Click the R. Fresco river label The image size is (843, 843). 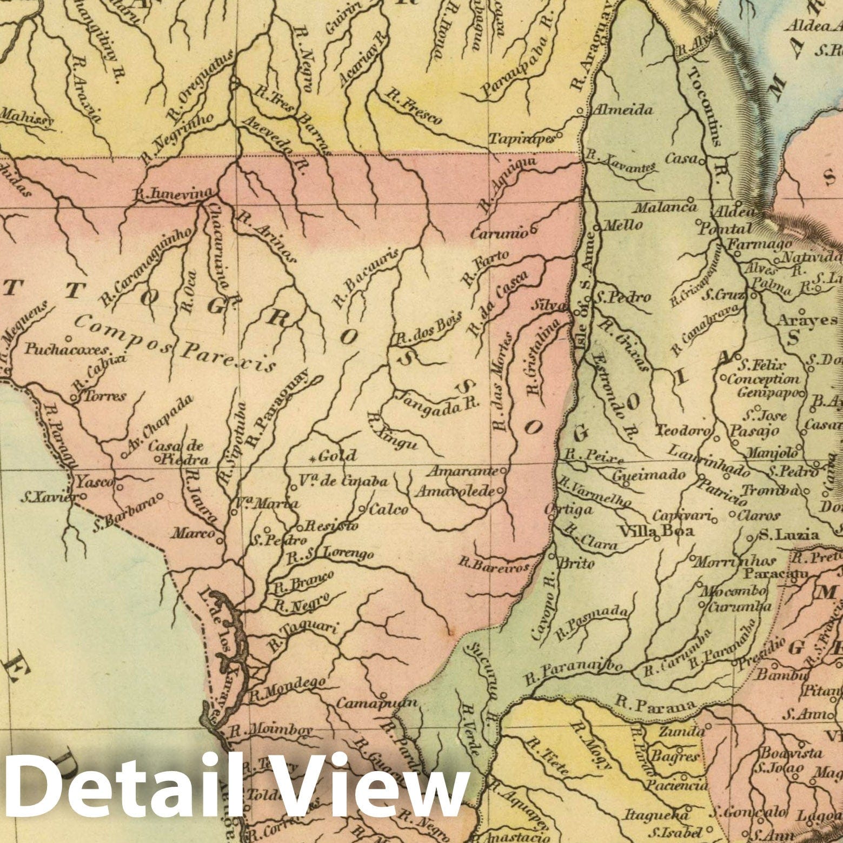[412, 105]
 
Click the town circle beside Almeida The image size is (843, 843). [580, 111]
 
